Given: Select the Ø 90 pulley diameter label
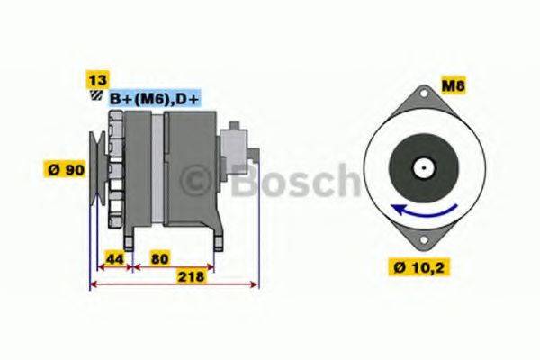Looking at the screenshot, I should tap(65, 168).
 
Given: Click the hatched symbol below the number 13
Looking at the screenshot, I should tap(93, 95).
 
